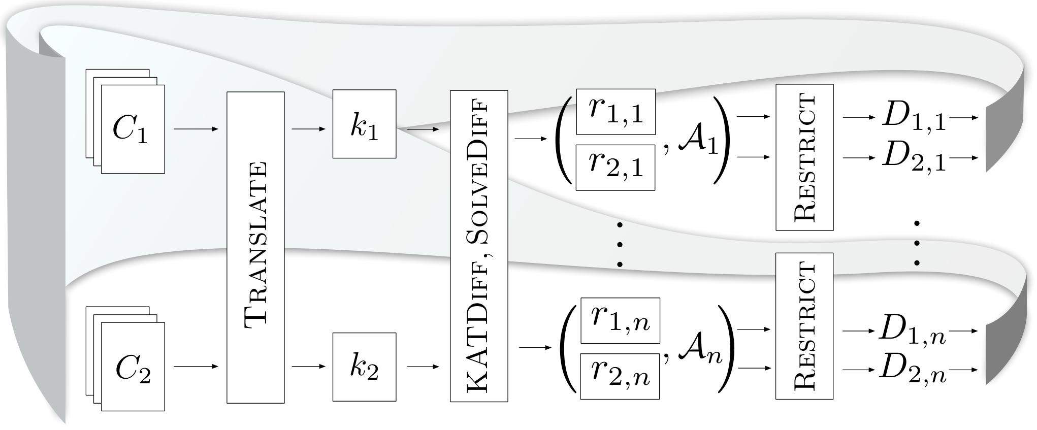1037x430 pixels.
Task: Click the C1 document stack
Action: [125, 121]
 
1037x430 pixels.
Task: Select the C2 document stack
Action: [125, 358]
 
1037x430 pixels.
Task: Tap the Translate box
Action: [255, 247]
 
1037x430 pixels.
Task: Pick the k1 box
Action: [364, 124]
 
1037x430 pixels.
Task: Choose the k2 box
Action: [364, 367]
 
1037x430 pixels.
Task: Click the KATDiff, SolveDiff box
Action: [479, 246]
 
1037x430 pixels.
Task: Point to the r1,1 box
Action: [615, 112]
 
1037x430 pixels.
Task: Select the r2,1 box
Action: [615, 168]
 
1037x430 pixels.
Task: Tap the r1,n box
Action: [620, 320]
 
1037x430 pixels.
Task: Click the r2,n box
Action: [620, 376]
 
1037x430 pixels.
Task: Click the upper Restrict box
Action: [804, 157]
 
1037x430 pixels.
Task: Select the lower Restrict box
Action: [804, 326]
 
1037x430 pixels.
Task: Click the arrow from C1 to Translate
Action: [196, 129]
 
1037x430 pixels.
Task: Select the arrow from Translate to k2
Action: [309, 366]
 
